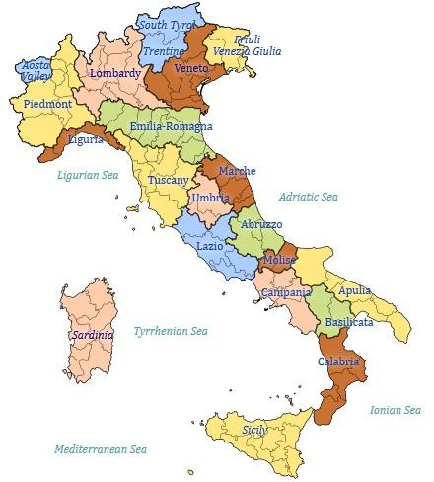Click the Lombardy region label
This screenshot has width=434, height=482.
[x=115, y=73]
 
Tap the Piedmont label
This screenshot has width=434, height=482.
[x=46, y=103]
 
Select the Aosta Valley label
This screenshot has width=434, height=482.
[x=36, y=68]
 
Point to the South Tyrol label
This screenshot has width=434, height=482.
[x=168, y=24]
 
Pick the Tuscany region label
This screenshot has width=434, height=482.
[x=169, y=180]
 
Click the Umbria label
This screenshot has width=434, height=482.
[x=210, y=199]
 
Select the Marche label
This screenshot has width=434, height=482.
[x=237, y=171]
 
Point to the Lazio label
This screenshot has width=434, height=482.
[x=209, y=245]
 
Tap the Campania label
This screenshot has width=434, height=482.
[x=287, y=293]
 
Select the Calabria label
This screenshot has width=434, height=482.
[x=337, y=361]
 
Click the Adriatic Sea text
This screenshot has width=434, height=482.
[x=308, y=197]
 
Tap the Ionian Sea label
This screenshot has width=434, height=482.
[x=395, y=409]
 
